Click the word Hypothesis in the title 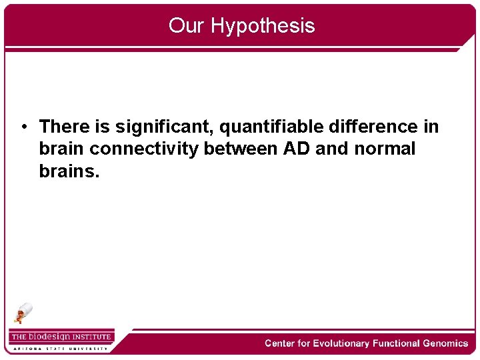[263, 26]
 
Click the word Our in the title [187, 26]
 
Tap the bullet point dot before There [23, 127]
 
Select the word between [241, 149]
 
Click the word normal [385, 149]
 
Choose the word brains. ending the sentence [69, 171]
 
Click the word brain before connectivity [62, 149]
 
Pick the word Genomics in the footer [445, 343]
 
